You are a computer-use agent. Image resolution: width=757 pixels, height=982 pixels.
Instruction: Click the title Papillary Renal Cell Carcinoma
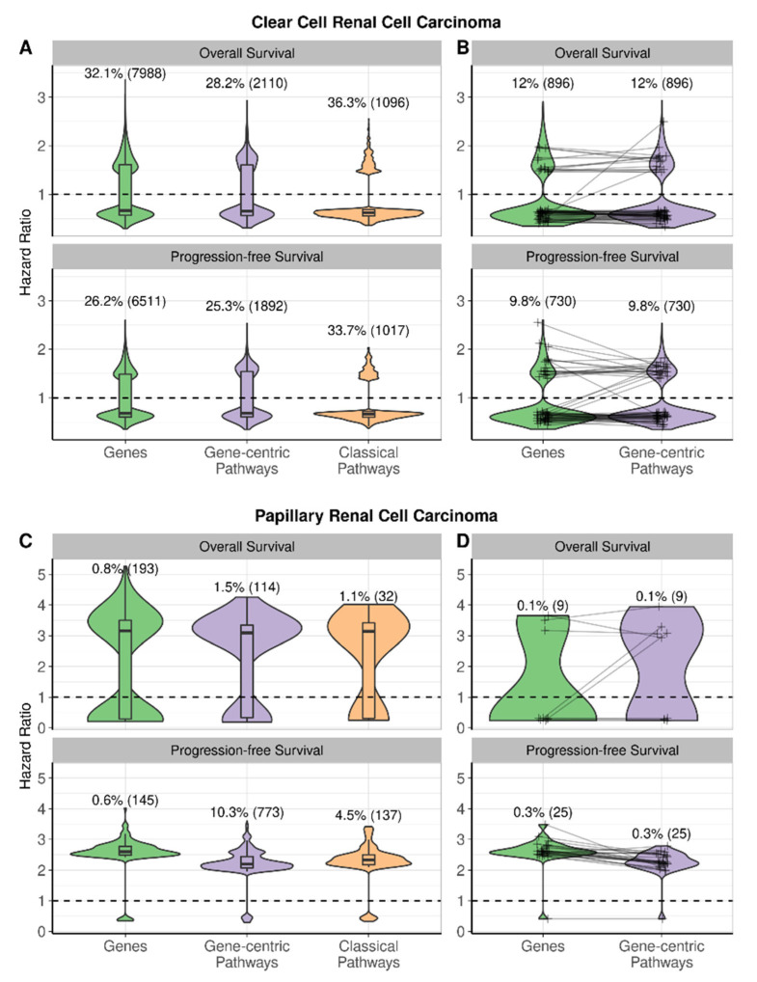[x=379, y=517]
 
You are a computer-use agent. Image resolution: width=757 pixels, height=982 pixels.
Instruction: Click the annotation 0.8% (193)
[x=119, y=569]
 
